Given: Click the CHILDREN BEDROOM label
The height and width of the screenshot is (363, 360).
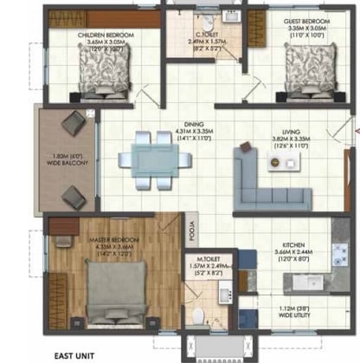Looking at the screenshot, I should [x=104, y=36].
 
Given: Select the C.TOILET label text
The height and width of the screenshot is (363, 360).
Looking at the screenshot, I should [x=207, y=34].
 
